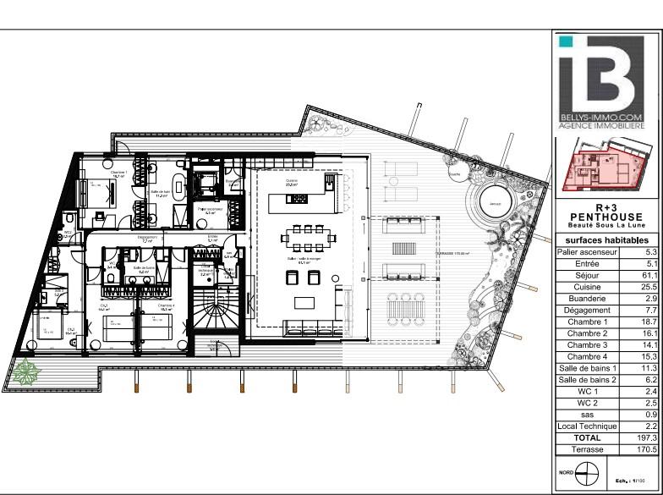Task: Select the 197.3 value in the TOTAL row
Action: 644,438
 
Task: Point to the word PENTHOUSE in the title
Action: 606,217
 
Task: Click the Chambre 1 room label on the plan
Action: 118,173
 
